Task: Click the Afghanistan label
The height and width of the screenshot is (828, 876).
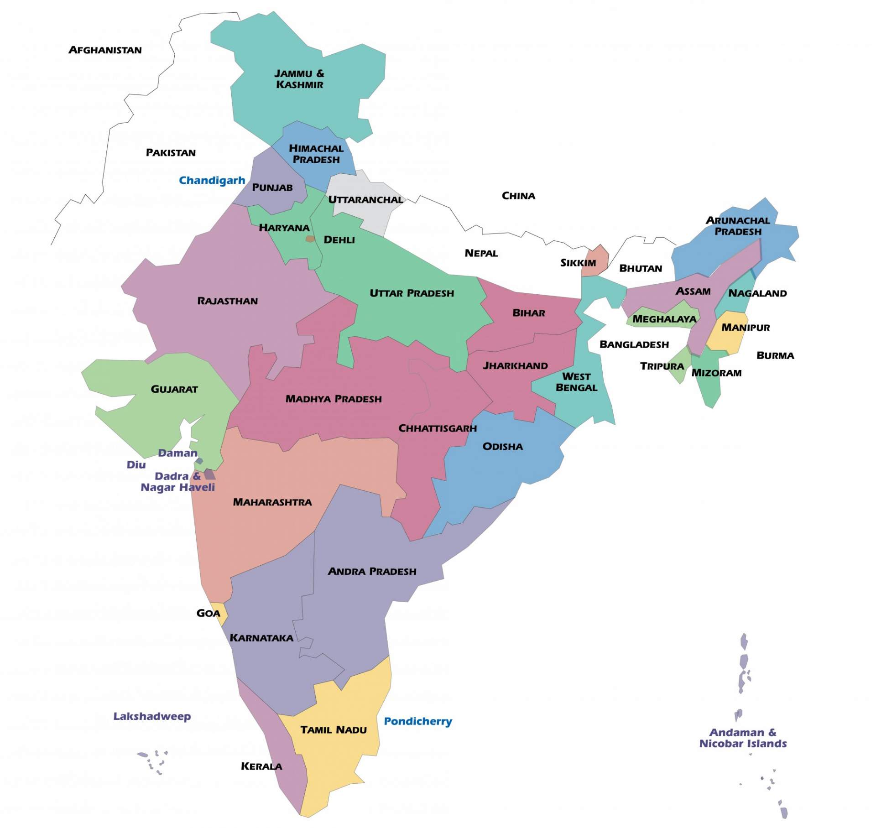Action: [105, 50]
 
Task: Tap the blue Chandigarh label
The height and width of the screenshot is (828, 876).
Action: [212, 180]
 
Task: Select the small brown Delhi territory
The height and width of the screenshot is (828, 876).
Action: [310, 239]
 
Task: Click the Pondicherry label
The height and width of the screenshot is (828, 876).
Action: [417, 721]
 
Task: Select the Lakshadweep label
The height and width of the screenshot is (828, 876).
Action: [152, 716]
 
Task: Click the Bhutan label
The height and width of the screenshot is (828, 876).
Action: [640, 268]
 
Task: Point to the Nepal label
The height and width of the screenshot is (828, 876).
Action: [481, 253]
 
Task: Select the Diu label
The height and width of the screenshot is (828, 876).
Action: [136, 465]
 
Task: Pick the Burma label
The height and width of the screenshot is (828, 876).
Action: [775, 355]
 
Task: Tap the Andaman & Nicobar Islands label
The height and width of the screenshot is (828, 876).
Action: [742, 738]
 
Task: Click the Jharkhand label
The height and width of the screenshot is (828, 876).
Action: [515, 366]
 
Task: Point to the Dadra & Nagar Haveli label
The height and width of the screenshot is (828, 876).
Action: [177, 482]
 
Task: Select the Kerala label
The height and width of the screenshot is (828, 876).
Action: [261, 766]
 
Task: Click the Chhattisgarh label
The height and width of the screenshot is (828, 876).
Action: [437, 428]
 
